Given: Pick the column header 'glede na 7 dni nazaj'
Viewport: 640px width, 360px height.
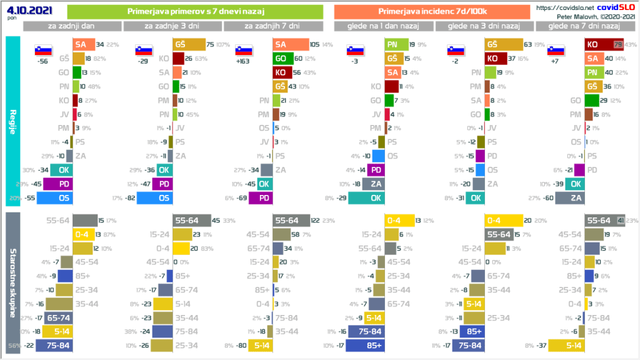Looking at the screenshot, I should point(583,26).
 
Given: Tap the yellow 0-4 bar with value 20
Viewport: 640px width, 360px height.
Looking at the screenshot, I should point(504,220).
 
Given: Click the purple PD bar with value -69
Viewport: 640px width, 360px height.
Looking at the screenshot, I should point(261,198).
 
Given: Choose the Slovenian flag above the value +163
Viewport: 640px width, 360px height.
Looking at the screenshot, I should point(244,50).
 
